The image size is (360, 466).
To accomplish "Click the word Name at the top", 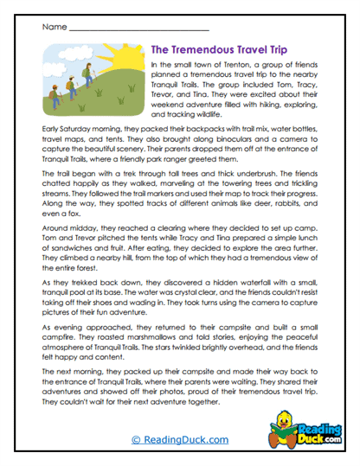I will pos(51,28).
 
